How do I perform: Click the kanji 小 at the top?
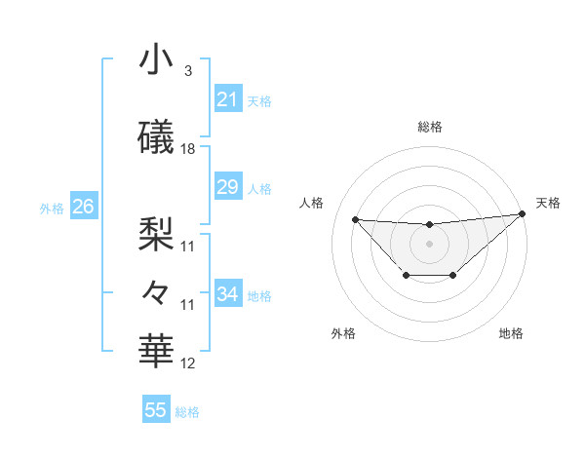(156, 60)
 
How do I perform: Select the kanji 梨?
(156, 232)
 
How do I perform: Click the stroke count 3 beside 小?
(187, 71)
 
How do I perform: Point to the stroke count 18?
(188, 149)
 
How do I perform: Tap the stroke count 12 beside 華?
(188, 363)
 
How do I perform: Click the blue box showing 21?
(227, 99)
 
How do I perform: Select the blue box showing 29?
(227, 187)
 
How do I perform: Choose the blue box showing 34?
(227, 294)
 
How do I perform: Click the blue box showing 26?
(83, 207)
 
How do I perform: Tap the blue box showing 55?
(156, 410)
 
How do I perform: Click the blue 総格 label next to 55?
(187, 412)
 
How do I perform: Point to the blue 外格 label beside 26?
(52, 208)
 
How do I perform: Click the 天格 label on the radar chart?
(548, 203)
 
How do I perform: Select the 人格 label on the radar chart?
(312, 203)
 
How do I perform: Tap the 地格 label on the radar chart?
(511, 333)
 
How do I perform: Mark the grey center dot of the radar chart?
(429, 244)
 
